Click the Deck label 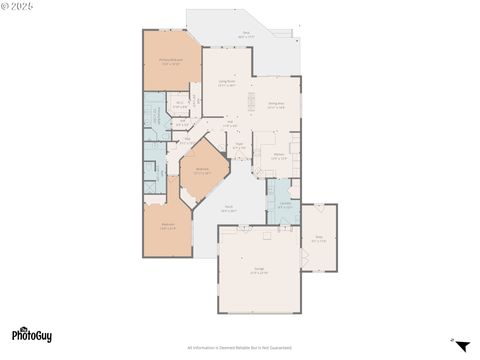point(244,33)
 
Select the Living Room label point(226,82)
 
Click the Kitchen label point(278,154)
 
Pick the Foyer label point(239,144)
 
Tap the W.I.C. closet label point(180,103)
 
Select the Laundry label point(284,204)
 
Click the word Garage point(258,267)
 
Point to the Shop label point(319,237)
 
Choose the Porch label point(228,207)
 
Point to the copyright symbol point(5,6)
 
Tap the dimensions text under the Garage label point(258,272)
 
